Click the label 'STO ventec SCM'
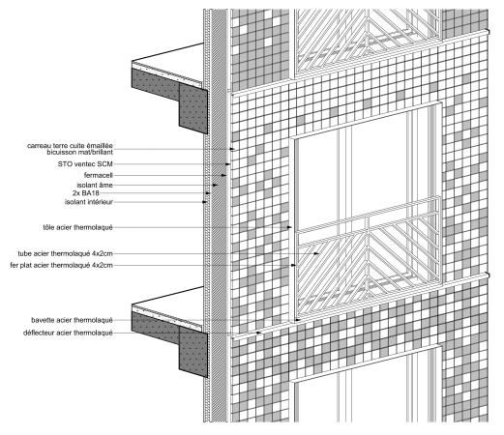coord(85,164)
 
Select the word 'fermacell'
coord(99,175)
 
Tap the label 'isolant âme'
coord(95,185)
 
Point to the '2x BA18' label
coord(86,193)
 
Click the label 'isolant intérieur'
coord(89,202)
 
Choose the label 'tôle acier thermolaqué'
coord(77,227)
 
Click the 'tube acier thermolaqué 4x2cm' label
coord(66,254)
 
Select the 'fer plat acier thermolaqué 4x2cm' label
coord(62,266)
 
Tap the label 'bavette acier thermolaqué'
coord(72,320)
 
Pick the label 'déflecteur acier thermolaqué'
coord(68,333)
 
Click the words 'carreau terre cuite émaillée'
coord(70,146)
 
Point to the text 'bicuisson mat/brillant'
coord(80,152)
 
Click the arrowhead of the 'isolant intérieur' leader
coord(204,202)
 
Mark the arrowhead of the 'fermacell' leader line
coord(223,175)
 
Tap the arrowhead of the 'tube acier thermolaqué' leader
coord(316,254)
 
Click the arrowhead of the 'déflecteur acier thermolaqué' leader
coord(258,333)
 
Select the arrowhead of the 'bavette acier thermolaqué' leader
coord(298,320)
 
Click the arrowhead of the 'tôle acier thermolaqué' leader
coord(289,227)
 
